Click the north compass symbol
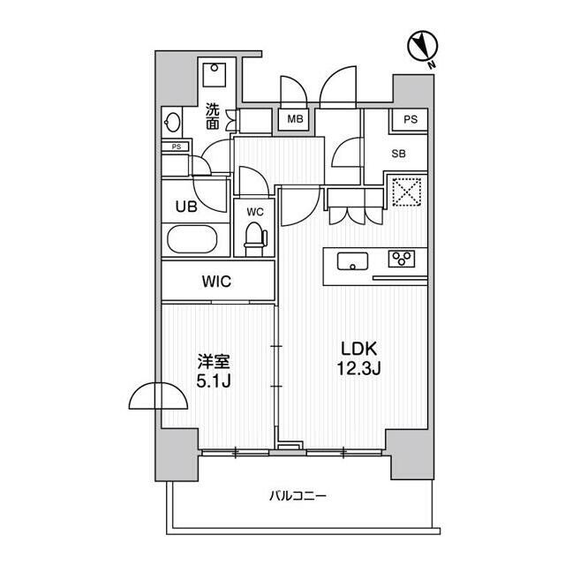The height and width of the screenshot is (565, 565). click(x=422, y=47)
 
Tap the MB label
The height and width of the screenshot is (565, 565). click(x=295, y=118)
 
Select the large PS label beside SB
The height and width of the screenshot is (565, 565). click(x=411, y=119)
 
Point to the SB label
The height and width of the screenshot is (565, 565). click(x=398, y=154)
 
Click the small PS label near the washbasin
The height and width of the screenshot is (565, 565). click(x=176, y=147)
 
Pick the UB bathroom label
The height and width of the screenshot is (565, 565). click(x=186, y=207)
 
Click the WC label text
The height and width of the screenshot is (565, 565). click(x=255, y=212)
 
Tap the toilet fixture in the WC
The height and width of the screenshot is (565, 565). click(x=255, y=238)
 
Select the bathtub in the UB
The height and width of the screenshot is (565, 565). click(x=192, y=239)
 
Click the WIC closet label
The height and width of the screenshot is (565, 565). click(x=216, y=281)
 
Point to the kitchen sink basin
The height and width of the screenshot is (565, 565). click(x=353, y=261)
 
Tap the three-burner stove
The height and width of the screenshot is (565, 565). click(x=402, y=259)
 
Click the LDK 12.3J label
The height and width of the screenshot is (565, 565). click(x=359, y=358)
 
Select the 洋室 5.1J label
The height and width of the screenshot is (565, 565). click(x=214, y=371)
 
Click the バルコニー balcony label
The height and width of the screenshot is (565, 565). click(x=298, y=496)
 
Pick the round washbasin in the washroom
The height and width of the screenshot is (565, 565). click(x=173, y=122)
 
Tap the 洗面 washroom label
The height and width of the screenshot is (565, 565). click(x=213, y=117)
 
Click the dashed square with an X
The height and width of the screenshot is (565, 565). click(x=406, y=192)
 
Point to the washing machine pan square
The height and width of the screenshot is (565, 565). click(x=215, y=74)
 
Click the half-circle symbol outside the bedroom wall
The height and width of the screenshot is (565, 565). click(x=158, y=395)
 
